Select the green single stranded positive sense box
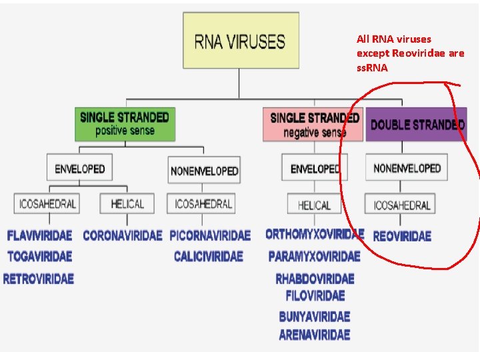pyautogui.click(x=125, y=123)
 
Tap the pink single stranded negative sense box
pyautogui.click(x=314, y=125)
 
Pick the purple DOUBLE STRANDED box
pyautogui.click(x=417, y=125)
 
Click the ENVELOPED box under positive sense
pyautogui.click(x=79, y=169)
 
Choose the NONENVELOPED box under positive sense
pyautogui.click(x=204, y=171)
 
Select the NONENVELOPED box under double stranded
pyautogui.click(x=407, y=168)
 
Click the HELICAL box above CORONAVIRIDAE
pyautogui.click(x=127, y=203)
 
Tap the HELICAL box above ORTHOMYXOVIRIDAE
pyautogui.click(x=314, y=205)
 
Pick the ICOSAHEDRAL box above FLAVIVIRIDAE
pyautogui.click(x=46, y=203)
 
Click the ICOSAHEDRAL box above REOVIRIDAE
pyautogui.click(x=402, y=205)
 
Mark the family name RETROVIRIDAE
pyautogui.click(x=39, y=279)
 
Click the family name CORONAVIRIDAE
pyautogui.click(x=123, y=235)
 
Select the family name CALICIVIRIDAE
pyautogui.click(x=209, y=256)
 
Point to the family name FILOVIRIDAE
pyautogui.click(x=315, y=295)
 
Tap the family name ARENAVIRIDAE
pyautogui.click(x=315, y=335)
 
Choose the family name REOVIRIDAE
pyautogui.click(x=402, y=236)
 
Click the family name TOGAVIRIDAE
pyautogui.click(x=39, y=256)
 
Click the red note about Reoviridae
pyautogui.click(x=410, y=53)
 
